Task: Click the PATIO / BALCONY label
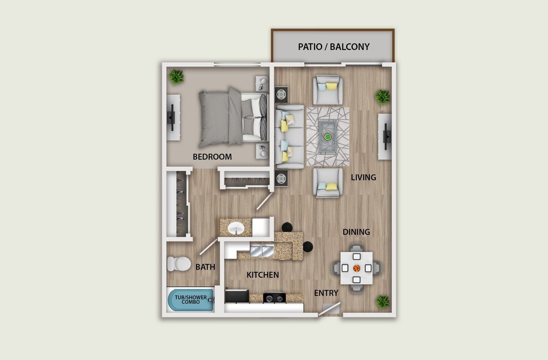click(x=334, y=47)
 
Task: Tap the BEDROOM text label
click(x=212, y=157)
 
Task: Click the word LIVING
click(x=363, y=177)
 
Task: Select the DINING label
click(x=356, y=232)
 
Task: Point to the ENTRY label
click(x=326, y=293)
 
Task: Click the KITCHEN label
click(x=263, y=275)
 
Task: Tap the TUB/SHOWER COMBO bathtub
click(x=190, y=300)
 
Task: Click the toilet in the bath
click(x=179, y=264)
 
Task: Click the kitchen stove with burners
click(x=274, y=298)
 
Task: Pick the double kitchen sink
click(x=262, y=252)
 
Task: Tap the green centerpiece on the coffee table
click(x=327, y=137)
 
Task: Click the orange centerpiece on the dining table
click(x=357, y=268)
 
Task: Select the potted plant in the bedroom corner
click(x=176, y=77)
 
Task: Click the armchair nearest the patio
click(x=328, y=89)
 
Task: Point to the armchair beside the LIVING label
click(x=328, y=182)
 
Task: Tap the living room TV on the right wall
click(x=387, y=136)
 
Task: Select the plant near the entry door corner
click(x=382, y=302)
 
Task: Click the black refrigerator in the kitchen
click(x=236, y=296)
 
